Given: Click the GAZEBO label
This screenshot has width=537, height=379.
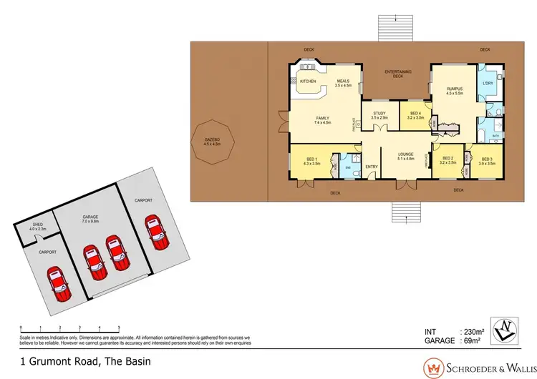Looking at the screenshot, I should [213, 139].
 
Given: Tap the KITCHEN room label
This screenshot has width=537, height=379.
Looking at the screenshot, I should [308, 82].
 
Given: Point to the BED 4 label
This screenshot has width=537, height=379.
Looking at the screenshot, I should [417, 113].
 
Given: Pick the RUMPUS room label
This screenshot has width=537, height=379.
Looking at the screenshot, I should [455, 89].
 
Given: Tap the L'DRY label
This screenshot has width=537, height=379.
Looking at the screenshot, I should [489, 84].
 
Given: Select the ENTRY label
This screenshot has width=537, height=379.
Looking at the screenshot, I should [372, 167].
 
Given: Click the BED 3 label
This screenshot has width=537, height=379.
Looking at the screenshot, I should [487, 159].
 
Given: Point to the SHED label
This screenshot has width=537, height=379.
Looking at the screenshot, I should [37, 225].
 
